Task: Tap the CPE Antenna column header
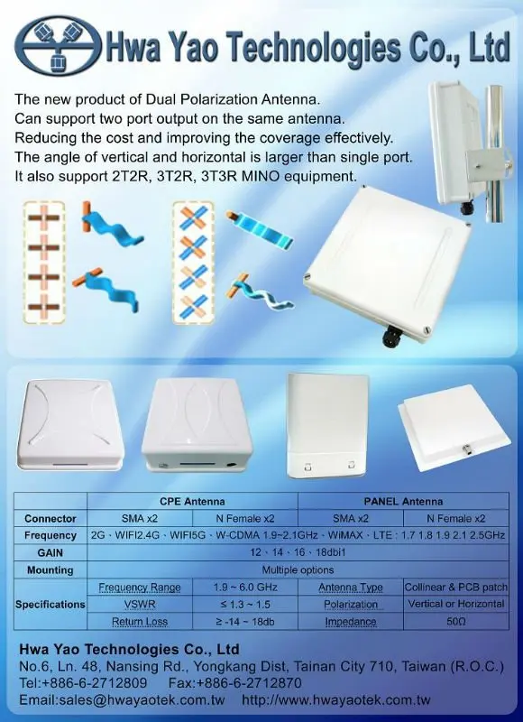tap(192, 501)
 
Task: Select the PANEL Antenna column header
tap(403, 501)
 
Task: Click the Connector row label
tap(50, 518)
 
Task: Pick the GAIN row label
tap(50, 552)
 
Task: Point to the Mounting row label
tap(50, 570)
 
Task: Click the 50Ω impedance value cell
tap(456, 621)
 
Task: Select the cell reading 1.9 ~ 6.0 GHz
tap(245, 588)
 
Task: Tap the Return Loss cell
tap(140, 622)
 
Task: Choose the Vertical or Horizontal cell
tap(456, 604)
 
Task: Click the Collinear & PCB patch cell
tap(456, 588)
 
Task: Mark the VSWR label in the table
tap(140, 604)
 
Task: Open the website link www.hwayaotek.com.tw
tap(335, 700)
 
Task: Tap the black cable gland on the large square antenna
tap(393, 336)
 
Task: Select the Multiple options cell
tap(298, 570)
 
